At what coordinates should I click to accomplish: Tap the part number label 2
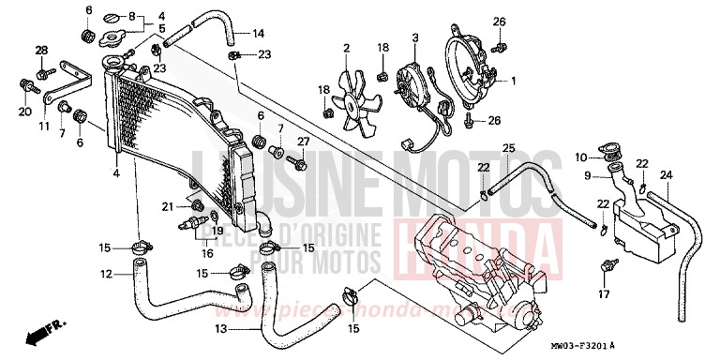tap(346, 48)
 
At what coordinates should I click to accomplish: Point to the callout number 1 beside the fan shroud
tap(513, 82)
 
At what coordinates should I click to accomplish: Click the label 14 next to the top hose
tap(259, 33)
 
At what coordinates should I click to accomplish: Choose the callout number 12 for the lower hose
tap(107, 274)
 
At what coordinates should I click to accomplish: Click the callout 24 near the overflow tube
tap(667, 174)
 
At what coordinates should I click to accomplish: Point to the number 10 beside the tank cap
tap(581, 157)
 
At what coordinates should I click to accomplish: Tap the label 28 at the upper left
tap(41, 50)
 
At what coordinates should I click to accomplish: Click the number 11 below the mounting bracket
tap(43, 125)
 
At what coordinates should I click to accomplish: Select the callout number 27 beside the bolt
tap(303, 142)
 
